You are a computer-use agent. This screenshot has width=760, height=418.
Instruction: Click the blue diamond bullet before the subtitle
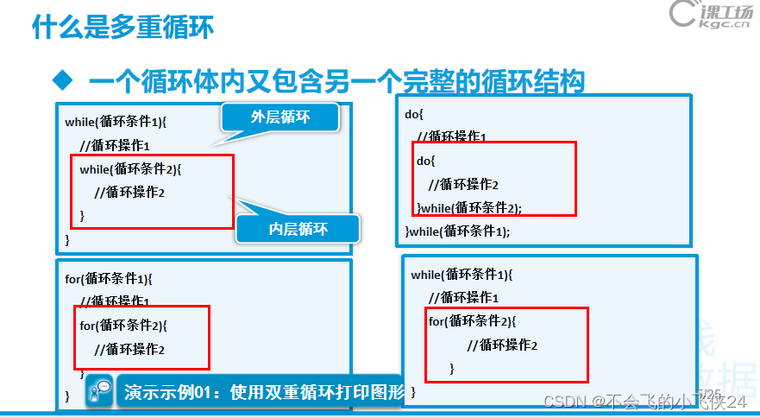pos(60,81)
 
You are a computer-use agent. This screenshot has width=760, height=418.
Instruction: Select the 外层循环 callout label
pos(280,117)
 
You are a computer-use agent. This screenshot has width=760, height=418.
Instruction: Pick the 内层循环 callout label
pos(298,228)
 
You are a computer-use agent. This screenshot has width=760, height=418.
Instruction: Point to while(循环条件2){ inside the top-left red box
pos(131,168)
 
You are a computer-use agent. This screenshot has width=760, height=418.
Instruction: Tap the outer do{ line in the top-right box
pos(414,113)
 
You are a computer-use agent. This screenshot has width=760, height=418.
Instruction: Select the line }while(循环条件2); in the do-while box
pos(469,207)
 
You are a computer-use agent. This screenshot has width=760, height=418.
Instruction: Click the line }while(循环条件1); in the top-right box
pos(457,231)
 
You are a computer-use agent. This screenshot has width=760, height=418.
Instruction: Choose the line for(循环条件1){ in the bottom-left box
pos(109,279)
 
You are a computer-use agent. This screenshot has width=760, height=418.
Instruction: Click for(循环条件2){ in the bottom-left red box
pos(123,326)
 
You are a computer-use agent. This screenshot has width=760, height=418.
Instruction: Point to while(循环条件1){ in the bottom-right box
pos(462,275)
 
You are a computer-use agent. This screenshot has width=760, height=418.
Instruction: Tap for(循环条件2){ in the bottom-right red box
pos(472,321)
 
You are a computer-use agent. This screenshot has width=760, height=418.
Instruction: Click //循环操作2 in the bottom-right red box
pos(502,345)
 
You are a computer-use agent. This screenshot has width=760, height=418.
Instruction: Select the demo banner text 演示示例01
pos(264,391)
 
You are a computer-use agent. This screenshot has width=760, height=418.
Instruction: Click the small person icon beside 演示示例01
pos(102,390)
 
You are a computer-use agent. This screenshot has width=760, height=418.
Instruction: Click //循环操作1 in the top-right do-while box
pos(452,136)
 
